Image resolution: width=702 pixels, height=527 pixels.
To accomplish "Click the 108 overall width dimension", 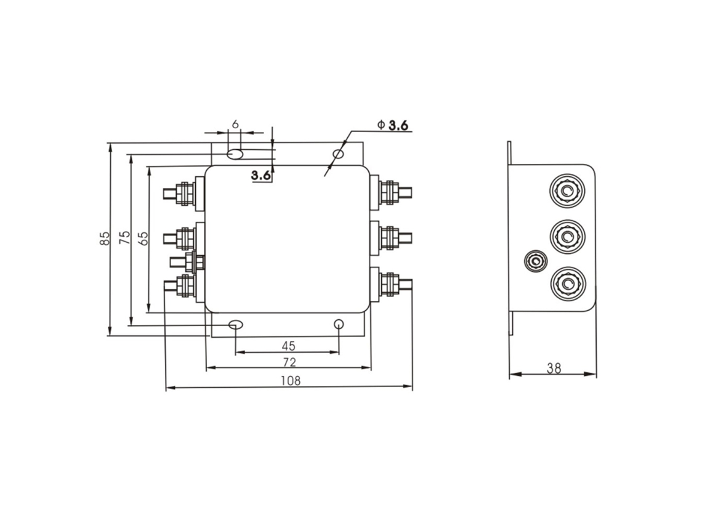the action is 291,380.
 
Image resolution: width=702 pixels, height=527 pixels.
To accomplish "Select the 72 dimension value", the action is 289,362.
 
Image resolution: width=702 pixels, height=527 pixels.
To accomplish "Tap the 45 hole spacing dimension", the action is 289,346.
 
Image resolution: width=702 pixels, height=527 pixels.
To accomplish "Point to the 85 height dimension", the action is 104,238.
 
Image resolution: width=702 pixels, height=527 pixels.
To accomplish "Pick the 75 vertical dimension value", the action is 125,237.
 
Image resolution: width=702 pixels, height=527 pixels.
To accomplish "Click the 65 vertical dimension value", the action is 143,238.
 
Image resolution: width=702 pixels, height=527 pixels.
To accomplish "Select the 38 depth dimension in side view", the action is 554,368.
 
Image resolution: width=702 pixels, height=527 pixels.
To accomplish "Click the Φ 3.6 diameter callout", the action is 393,125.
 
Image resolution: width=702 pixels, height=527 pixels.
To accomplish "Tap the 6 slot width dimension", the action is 235,124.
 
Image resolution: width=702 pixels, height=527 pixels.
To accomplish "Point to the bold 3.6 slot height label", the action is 261,175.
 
